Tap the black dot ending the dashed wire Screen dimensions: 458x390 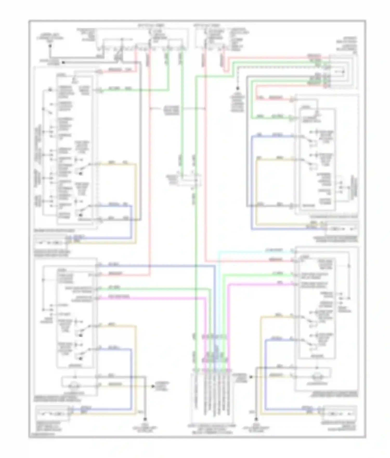click(238, 88)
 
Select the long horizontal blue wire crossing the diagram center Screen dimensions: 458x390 click(156, 266)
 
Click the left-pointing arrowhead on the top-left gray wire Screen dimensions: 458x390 click(63, 63)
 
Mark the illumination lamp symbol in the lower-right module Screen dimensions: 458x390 click(317, 376)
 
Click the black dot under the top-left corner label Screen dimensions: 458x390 click(50, 47)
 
